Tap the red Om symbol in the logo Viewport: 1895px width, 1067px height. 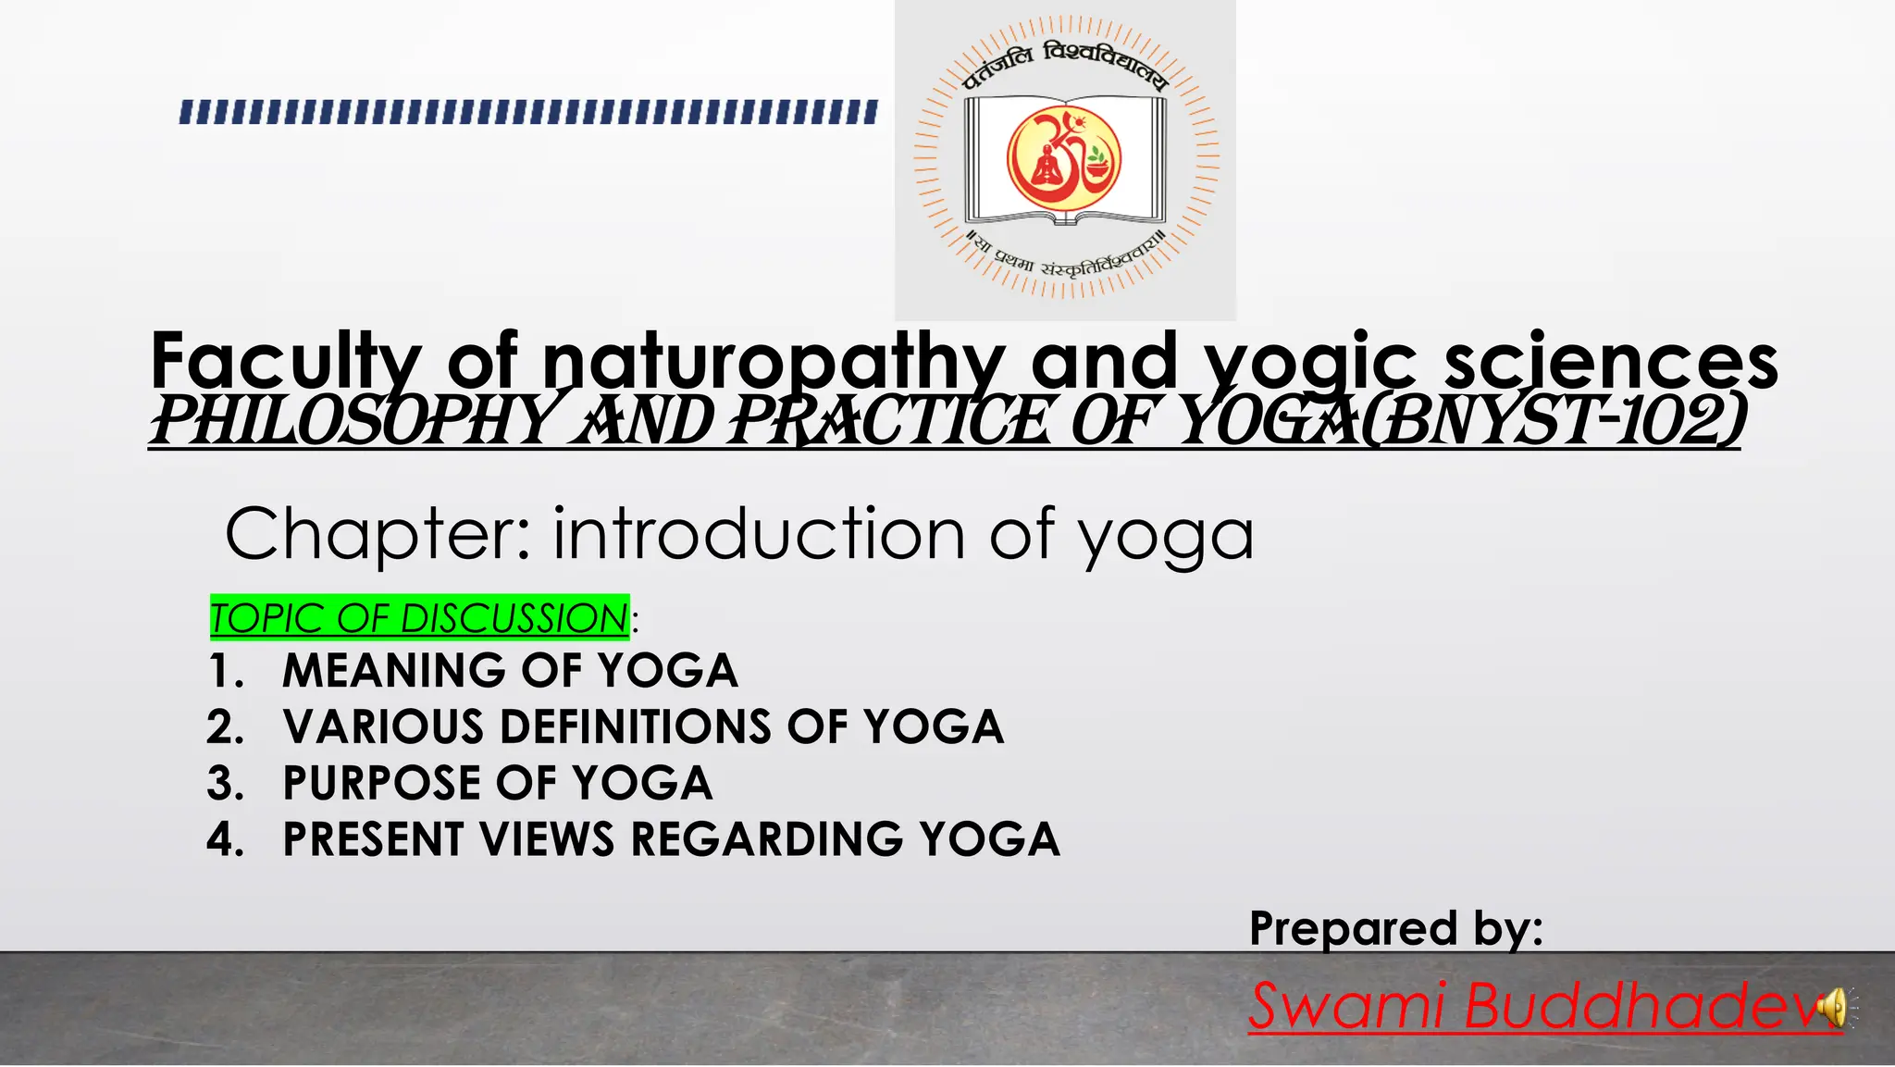pos(1064,158)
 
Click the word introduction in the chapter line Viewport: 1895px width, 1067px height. pos(760,535)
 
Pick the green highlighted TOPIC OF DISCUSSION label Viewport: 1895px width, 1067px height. pos(419,618)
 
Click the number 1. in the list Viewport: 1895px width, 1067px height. pos(227,671)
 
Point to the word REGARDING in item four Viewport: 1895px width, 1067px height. pos(767,839)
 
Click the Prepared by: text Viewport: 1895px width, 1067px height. pos(1395,928)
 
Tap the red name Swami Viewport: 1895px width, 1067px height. pos(1346,1006)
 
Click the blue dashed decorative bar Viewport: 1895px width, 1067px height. pos(528,113)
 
